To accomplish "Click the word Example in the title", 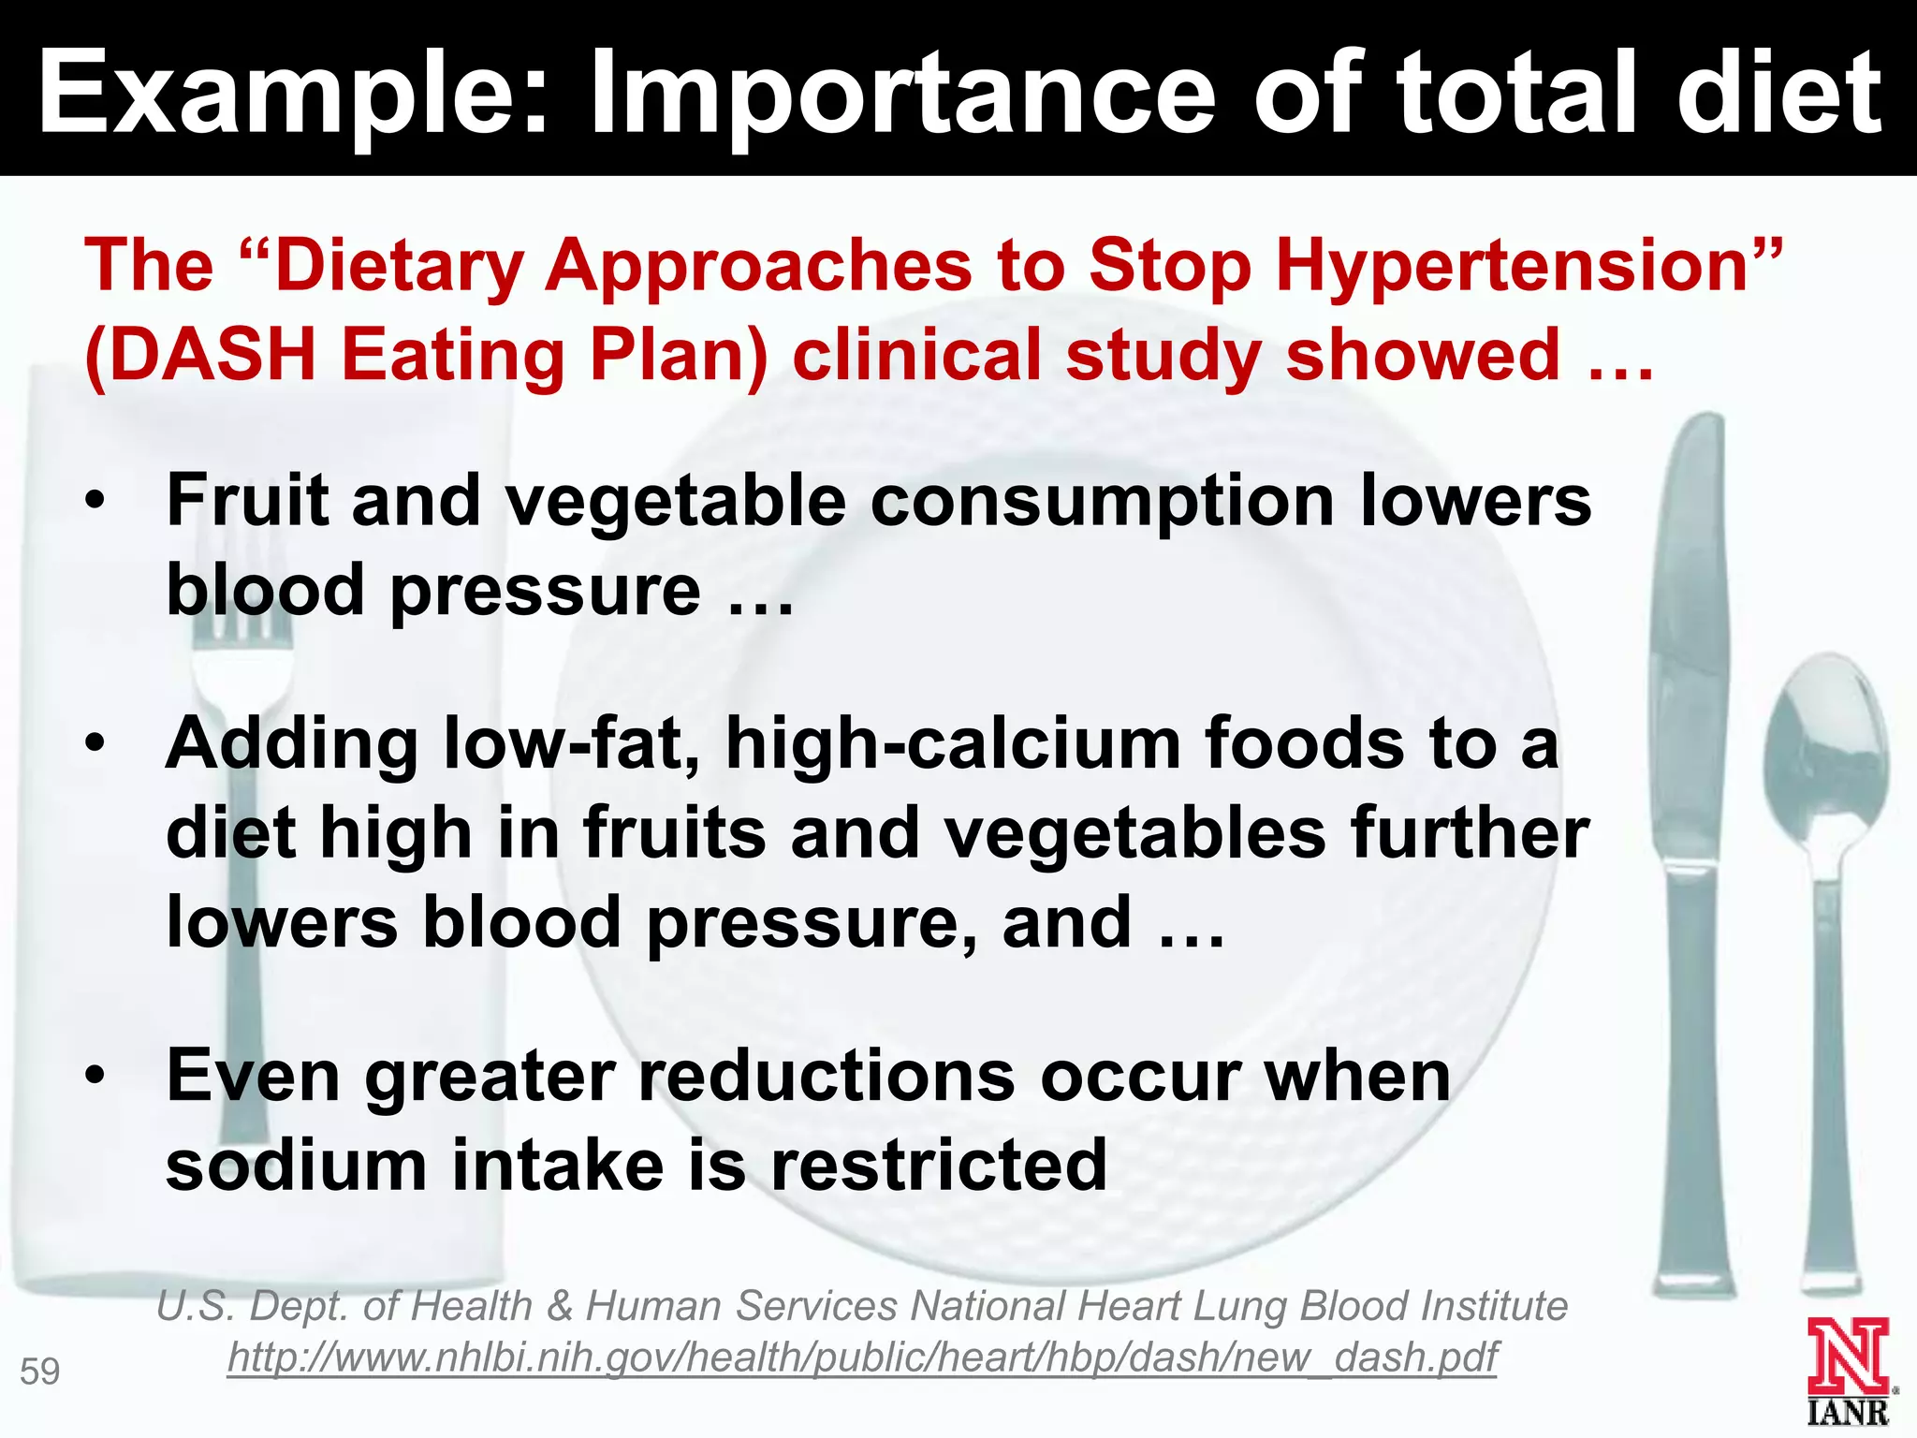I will pyautogui.click(x=281, y=94).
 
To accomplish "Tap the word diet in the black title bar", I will pyautogui.click(x=1778, y=94).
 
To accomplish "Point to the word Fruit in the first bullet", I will pyautogui.click(x=247, y=500).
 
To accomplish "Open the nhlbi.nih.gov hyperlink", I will pyautogui.click(x=862, y=1357).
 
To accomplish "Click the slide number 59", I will pyautogui.click(x=40, y=1372).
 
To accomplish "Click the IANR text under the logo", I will pyautogui.click(x=1848, y=1412).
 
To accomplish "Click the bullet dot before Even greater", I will pyautogui.click(x=95, y=1076).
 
